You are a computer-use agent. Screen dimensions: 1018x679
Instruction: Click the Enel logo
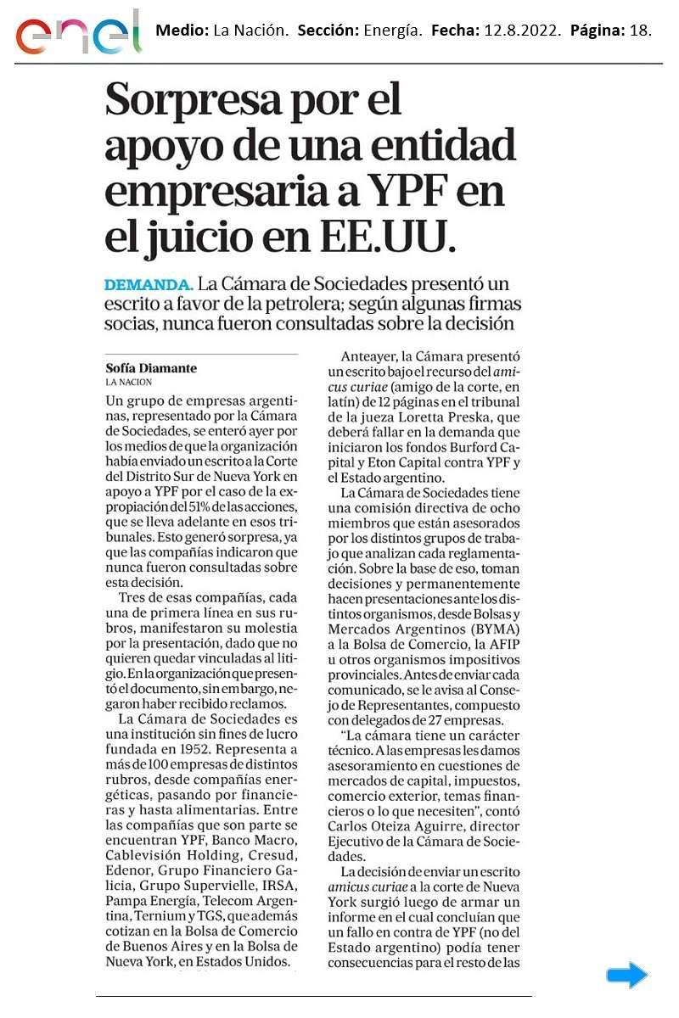point(79,33)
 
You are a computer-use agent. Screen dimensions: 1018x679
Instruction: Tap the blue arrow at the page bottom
point(626,976)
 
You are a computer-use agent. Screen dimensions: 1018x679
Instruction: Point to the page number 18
point(641,31)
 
